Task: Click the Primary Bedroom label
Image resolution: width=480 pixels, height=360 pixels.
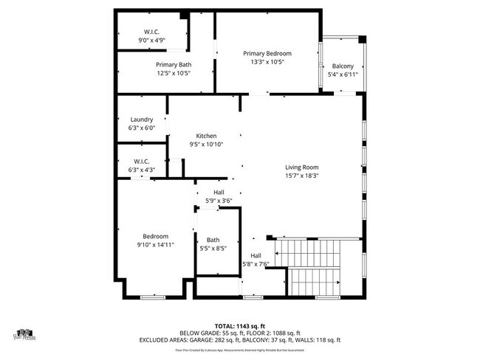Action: coord(267,53)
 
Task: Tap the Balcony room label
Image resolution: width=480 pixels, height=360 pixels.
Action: coord(343,66)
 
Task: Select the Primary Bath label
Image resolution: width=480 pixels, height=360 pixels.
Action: coord(174,64)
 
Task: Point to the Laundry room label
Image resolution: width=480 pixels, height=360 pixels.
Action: coord(141,120)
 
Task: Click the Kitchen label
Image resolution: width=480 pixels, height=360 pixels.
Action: coord(206,136)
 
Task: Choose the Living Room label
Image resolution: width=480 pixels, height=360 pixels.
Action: coord(301,167)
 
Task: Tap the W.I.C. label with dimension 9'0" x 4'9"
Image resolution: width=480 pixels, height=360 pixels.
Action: coord(152,32)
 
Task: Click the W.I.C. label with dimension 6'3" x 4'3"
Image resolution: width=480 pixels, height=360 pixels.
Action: coord(141,162)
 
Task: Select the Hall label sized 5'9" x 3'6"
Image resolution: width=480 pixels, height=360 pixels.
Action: coord(219,192)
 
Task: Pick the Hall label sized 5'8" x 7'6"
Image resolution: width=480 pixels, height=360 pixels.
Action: coord(256,256)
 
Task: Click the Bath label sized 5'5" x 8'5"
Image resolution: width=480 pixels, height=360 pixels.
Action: coord(213,240)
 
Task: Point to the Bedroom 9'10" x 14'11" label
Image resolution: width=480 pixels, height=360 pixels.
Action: coord(155,236)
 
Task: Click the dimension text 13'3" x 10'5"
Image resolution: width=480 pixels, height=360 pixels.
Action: coord(267,62)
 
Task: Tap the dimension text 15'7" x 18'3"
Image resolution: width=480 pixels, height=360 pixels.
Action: coord(301,176)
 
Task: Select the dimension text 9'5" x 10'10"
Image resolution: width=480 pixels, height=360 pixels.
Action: coord(206,145)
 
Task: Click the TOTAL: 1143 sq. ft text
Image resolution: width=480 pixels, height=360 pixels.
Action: coord(240,325)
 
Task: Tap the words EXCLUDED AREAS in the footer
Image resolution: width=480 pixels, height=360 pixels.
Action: coord(167,340)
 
